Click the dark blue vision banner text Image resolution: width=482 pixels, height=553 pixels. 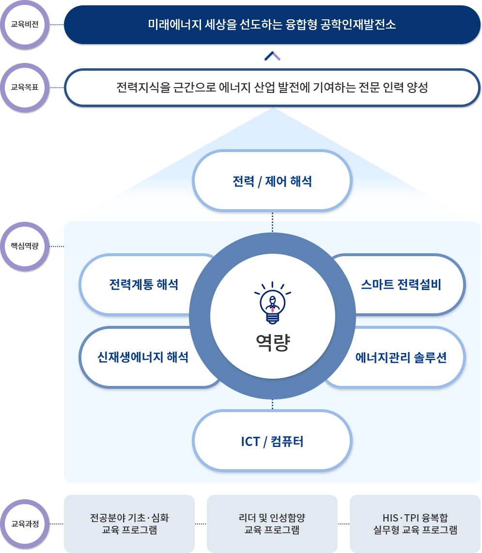pyautogui.click(x=272, y=25)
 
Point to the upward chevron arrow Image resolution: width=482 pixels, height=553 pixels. pyautogui.click(x=272, y=56)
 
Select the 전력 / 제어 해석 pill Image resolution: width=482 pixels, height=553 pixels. pyautogui.click(x=272, y=182)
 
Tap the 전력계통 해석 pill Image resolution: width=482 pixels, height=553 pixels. pyautogui.click(x=143, y=284)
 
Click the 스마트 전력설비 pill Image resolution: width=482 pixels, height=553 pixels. pyautogui.click(x=401, y=284)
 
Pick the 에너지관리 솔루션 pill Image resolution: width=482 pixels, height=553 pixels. pyautogui.click(x=401, y=358)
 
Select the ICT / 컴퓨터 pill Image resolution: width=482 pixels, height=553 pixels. pyautogui.click(x=272, y=441)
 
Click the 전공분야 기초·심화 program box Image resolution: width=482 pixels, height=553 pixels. pyautogui.click(x=129, y=523)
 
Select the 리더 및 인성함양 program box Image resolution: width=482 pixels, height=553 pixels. pyautogui.click(x=272, y=523)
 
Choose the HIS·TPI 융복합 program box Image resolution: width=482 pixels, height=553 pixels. pyautogui.click(x=415, y=523)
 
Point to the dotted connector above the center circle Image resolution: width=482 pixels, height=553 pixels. pyautogui.click(x=272, y=222)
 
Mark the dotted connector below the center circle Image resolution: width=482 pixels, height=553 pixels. pyautogui.click(x=272, y=404)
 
